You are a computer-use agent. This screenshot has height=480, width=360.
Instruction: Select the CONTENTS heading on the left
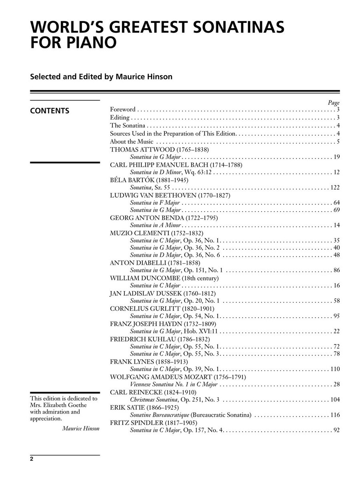click(x=50, y=111)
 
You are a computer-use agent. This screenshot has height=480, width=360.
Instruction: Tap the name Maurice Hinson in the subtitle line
click(x=144, y=76)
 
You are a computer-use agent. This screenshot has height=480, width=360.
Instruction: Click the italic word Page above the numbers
click(x=334, y=102)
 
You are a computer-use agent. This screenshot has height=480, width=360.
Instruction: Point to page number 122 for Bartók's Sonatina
click(x=335, y=187)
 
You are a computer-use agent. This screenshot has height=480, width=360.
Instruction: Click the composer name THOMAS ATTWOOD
click(x=136, y=149)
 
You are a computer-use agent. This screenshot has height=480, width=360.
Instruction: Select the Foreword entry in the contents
click(x=122, y=109)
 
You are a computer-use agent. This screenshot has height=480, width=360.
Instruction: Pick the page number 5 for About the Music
click(x=338, y=142)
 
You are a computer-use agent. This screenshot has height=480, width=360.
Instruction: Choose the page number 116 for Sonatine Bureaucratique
click(x=335, y=415)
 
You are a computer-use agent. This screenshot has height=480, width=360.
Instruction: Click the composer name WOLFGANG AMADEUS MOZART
click(x=162, y=377)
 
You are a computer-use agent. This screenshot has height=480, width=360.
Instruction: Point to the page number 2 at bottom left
click(x=32, y=459)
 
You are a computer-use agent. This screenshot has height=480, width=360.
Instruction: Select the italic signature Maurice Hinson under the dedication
click(x=81, y=428)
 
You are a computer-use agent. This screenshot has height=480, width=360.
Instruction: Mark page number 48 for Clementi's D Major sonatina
click(x=336, y=255)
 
